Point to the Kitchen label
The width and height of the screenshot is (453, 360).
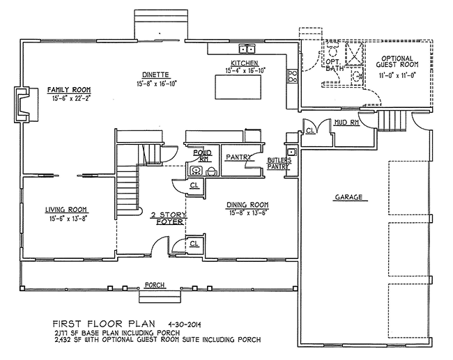244,63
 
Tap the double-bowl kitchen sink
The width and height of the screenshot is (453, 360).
247,49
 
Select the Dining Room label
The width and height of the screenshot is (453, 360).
248,205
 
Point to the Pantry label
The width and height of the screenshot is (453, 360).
238,157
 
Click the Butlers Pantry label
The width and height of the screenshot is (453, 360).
279,164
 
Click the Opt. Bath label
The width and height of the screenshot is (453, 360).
335,67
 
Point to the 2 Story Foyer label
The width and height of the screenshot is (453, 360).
167,218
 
